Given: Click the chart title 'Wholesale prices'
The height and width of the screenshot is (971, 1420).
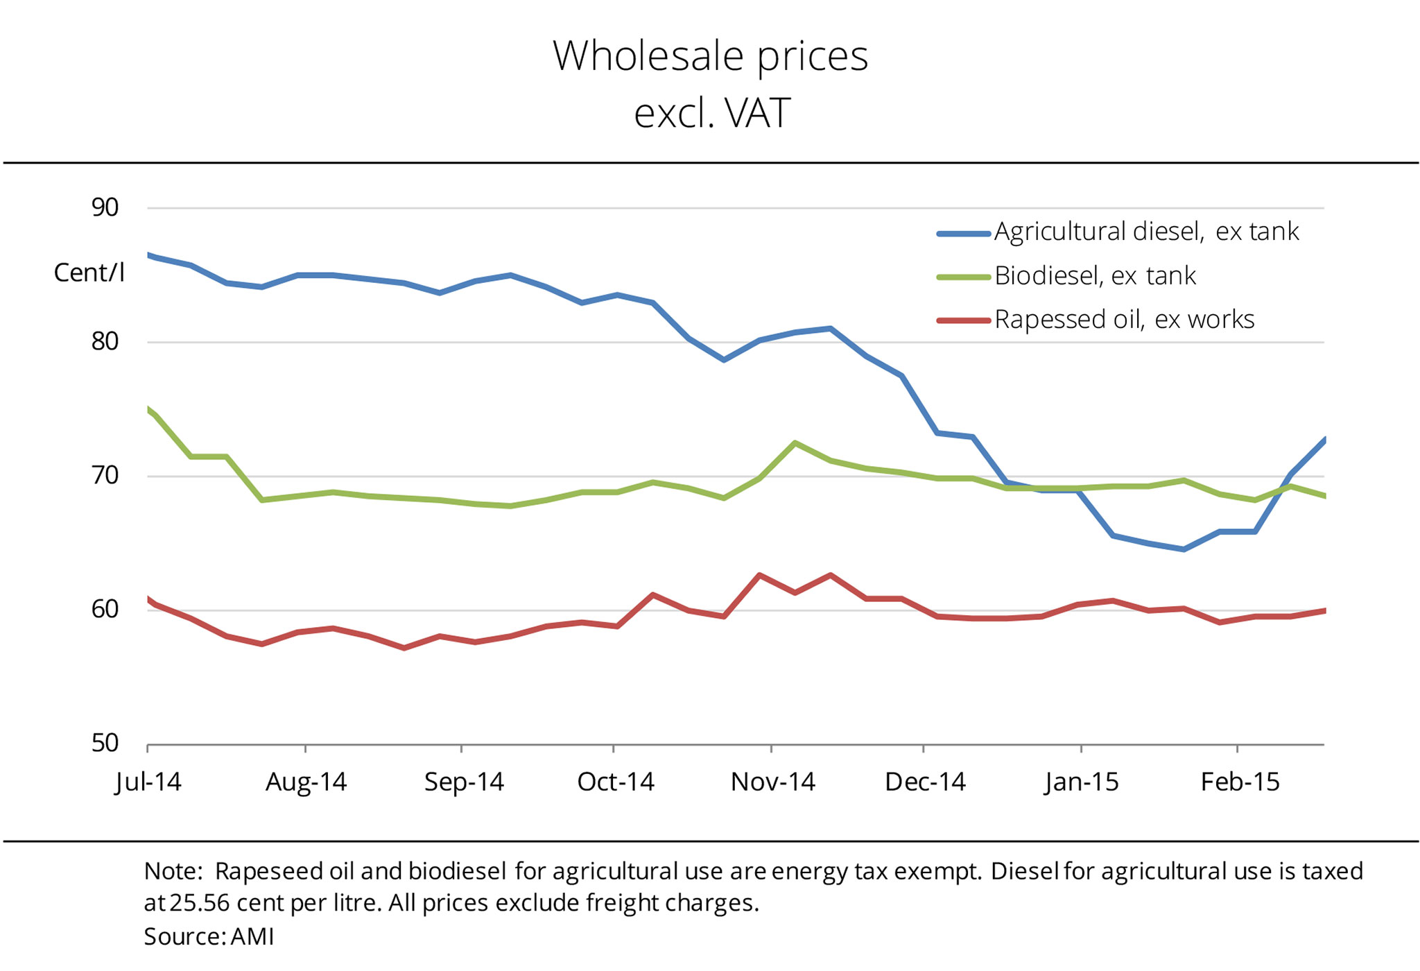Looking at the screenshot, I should tap(710, 55).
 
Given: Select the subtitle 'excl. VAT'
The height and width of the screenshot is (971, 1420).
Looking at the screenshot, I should tap(711, 114).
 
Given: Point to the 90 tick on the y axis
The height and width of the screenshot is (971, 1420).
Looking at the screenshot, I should tap(105, 207).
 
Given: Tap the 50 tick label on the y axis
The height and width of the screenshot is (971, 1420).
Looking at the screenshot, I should tap(105, 744).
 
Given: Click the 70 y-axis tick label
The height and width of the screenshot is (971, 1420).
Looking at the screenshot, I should tap(105, 476).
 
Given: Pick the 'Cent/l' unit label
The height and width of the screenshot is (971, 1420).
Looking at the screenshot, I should tap(89, 273).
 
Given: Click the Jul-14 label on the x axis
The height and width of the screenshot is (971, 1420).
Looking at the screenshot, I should tap(148, 782).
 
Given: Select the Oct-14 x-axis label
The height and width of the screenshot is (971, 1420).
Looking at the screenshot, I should tap(616, 782).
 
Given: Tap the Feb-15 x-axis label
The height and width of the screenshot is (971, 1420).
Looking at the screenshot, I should tap(1240, 782).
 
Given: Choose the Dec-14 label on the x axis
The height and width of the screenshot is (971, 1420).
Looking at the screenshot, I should tap(925, 782).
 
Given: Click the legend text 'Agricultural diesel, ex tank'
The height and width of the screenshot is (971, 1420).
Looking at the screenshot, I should tap(1146, 232).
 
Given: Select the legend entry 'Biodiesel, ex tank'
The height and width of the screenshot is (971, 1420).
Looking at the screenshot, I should tap(1095, 276).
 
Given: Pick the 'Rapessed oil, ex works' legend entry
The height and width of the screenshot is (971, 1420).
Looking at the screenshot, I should tap(1124, 320).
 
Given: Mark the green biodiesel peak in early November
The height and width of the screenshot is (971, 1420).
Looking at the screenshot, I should tap(795, 442).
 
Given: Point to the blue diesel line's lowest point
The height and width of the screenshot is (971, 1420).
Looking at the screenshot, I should tap(1184, 549).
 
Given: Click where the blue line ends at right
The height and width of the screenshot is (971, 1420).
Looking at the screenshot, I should tap(1324, 440).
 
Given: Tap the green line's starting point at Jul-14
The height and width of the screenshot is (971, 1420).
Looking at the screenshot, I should tap(149, 410).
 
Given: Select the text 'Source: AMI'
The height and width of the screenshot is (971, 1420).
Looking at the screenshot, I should tap(209, 937).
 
